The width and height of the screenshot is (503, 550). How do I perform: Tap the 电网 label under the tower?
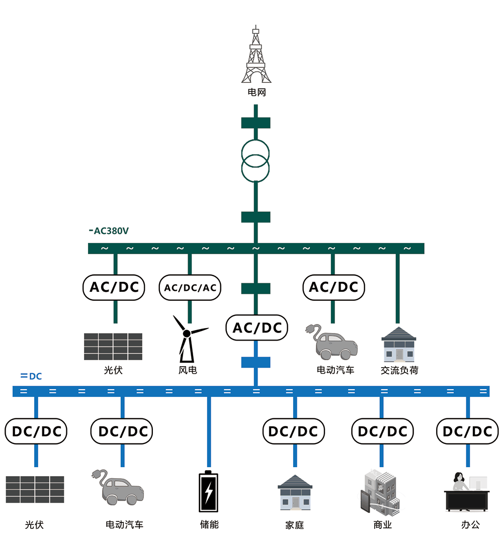point(256,92)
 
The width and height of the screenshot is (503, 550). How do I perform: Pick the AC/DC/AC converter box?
point(190,287)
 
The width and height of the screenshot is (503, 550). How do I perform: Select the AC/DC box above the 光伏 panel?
point(114,287)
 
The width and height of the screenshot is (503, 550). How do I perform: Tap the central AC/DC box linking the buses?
point(257,327)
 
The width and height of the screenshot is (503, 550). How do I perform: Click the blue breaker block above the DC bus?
point(256,362)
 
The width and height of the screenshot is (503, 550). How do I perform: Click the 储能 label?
point(209,524)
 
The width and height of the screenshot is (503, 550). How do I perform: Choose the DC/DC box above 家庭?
point(294,431)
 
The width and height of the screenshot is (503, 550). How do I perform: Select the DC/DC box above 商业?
point(382,431)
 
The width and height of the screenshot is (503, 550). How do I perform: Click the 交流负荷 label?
point(399,370)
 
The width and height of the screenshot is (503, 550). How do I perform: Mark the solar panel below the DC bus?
point(35,489)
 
